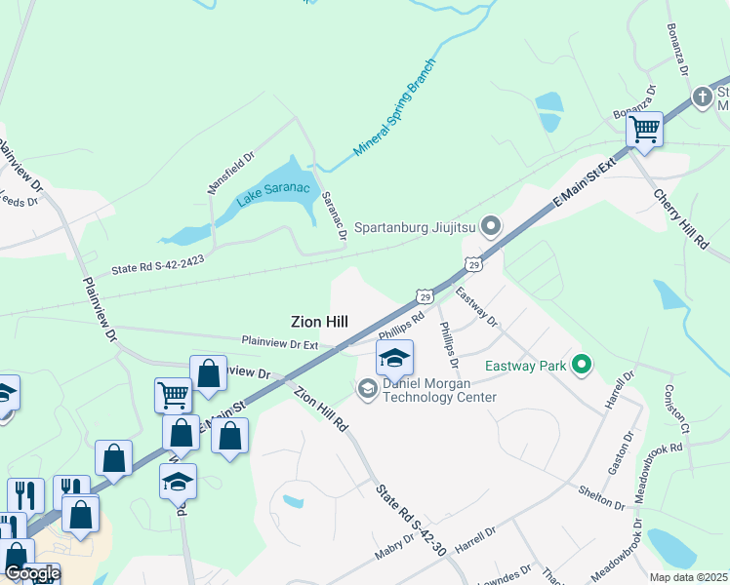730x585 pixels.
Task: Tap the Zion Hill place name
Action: tap(319, 321)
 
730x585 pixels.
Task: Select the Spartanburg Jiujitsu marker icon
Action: tap(491, 228)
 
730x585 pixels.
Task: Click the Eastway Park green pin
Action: tap(583, 367)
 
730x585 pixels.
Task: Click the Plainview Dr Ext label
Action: tap(280, 343)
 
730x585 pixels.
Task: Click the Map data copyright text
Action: tap(687, 577)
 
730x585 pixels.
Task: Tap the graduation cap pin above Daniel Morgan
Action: tap(394, 358)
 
